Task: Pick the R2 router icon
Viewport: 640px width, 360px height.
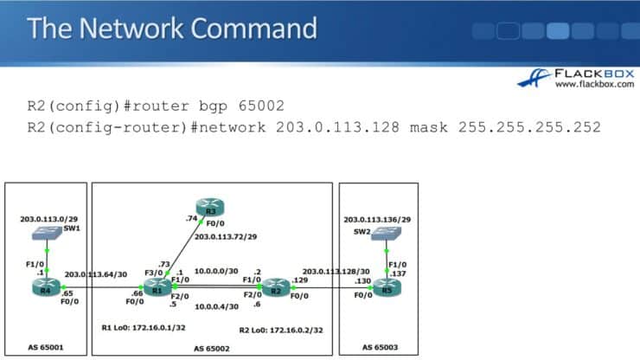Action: click(275, 286)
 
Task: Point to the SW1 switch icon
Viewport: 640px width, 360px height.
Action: click(47, 235)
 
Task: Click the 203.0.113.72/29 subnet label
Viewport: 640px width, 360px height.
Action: click(227, 235)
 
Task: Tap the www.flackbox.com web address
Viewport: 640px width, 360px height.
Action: click(590, 85)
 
